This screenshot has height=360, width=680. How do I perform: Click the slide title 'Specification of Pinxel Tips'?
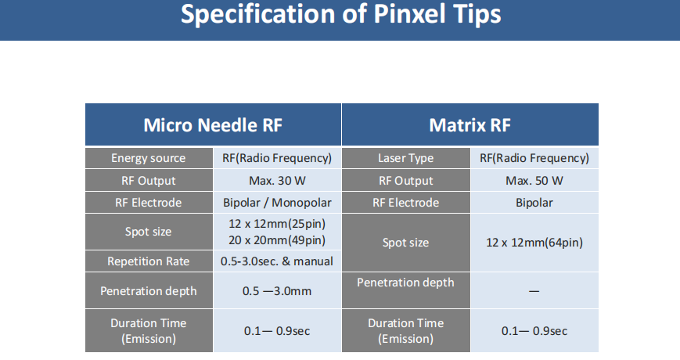[x=341, y=14]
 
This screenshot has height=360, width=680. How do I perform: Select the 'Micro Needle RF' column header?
[x=213, y=125]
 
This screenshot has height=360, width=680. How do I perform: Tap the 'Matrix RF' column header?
[x=470, y=125]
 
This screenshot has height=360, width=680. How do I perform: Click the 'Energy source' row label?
[x=149, y=158]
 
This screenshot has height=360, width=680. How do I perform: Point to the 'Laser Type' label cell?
[x=405, y=158]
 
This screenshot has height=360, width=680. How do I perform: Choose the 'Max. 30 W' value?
[x=277, y=181]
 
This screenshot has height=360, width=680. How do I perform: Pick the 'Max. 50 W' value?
[x=534, y=181]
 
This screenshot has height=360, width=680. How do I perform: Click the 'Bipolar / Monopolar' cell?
[x=277, y=203]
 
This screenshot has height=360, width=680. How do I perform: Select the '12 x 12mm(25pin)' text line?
[x=277, y=224]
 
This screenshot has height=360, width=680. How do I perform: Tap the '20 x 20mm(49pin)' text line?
[x=277, y=240]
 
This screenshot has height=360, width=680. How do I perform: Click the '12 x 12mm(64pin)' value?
[x=534, y=243]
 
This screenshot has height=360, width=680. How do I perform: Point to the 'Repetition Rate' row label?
[x=149, y=261]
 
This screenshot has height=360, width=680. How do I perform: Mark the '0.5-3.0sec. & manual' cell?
[x=277, y=261]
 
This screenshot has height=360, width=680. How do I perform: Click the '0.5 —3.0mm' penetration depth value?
[x=277, y=291]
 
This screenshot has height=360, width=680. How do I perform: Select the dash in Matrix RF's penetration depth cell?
[x=534, y=291]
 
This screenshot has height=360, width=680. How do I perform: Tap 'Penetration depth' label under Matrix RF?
[x=405, y=283]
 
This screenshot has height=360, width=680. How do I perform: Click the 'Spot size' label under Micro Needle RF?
[x=149, y=232]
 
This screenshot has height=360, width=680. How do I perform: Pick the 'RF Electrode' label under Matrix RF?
[x=405, y=203]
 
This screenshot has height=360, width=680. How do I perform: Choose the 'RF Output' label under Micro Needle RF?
[x=149, y=181]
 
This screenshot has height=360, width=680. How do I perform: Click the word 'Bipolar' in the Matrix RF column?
[x=534, y=203]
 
